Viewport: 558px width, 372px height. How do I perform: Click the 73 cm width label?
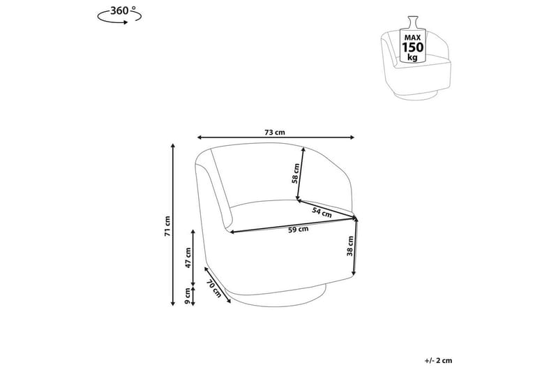tap(275, 133)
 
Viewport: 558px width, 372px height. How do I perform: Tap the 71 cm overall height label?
tap(167, 226)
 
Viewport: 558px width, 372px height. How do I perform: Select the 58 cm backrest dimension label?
tap(295, 174)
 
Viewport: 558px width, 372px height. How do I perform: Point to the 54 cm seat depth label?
tap(322, 212)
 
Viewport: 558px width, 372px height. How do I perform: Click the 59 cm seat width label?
tap(299, 229)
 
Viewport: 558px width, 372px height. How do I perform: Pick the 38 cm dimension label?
tap(350, 246)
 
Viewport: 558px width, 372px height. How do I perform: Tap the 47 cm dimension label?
tap(188, 258)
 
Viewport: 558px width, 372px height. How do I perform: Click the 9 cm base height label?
tap(188, 297)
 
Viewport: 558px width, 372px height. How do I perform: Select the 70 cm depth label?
tap(214, 288)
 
